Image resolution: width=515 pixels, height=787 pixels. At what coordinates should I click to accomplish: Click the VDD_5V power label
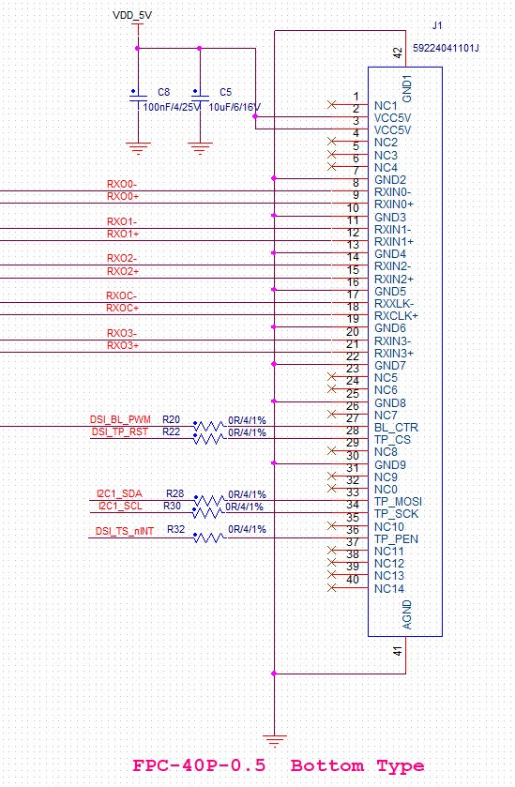[132, 16]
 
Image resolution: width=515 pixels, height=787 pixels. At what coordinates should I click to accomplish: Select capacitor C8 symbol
[138, 96]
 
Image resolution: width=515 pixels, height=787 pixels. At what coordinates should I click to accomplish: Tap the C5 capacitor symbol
[200, 96]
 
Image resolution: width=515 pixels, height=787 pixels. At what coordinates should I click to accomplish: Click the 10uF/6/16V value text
[235, 107]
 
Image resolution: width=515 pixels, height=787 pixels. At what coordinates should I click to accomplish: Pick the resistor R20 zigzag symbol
[210, 427]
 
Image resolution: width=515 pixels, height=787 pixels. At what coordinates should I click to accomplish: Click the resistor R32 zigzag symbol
[210, 537]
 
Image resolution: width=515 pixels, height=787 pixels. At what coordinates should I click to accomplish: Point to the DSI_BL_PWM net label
[120, 419]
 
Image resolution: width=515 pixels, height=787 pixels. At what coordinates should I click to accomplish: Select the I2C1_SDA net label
[119, 493]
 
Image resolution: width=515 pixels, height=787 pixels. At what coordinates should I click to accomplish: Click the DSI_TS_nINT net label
[125, 531]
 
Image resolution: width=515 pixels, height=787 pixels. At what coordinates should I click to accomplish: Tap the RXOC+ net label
[123, 308]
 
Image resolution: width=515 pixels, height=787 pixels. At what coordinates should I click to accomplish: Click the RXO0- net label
[122, 184]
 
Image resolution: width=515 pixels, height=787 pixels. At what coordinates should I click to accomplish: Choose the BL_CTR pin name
[396, 428]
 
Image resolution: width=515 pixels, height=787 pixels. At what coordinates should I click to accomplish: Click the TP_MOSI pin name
[398, 502]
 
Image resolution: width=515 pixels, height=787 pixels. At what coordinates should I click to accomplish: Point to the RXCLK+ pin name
[396, 316]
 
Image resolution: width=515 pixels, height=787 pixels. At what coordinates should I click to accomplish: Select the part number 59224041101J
[446, 48]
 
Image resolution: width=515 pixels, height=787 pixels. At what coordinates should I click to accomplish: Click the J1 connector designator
[437, 25]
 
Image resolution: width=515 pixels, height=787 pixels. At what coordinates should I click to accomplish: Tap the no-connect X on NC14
[331, 588]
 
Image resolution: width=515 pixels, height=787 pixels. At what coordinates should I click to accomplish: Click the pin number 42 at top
[398, 53]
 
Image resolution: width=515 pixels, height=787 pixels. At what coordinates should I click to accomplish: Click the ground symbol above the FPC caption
[275, 740]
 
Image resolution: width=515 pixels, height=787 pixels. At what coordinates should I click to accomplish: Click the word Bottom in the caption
[327, 766]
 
